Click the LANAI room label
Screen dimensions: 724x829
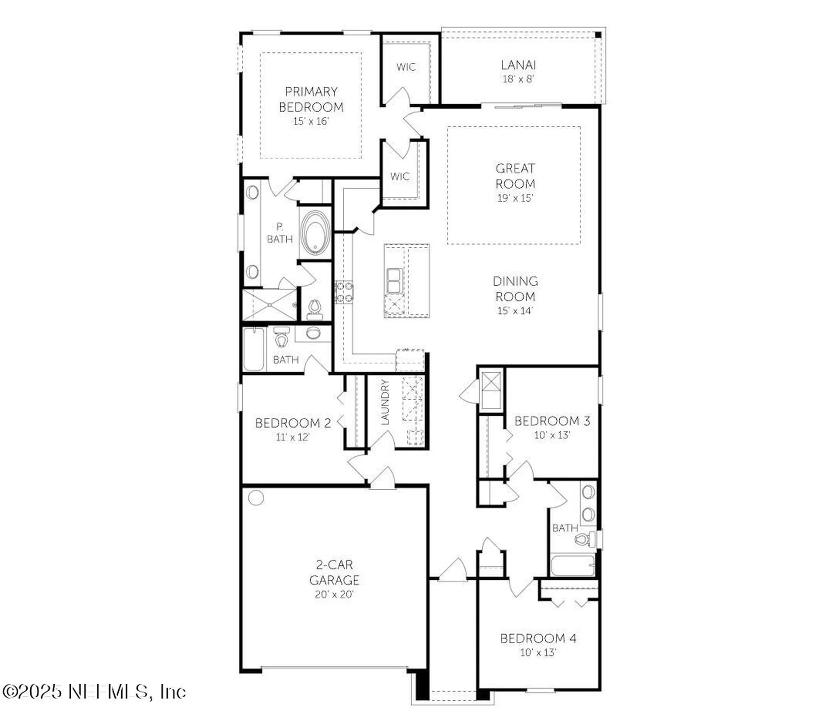[x=518, y=65]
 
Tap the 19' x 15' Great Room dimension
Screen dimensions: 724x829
[x=515, y=198]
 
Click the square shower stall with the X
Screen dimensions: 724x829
[x=269, y=305]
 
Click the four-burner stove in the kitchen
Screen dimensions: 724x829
[x=344, y=292]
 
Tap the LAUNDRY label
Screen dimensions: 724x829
[x=385, y=402]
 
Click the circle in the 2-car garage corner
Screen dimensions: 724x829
[x=256, y=497]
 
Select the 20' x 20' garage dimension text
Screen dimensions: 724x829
[x=334, y=595]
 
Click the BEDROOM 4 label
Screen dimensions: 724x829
[x=538, y=638]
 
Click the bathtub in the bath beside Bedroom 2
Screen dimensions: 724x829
[x=253, y=349]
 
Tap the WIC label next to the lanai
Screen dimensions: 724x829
[x=406, y=67]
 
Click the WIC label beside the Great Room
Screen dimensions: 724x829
[x=400, y=176]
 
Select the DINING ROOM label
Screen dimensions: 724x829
[x=515, y=289]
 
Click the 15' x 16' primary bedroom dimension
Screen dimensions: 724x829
[x=311, y=121]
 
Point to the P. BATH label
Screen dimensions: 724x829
[x=279, y=233]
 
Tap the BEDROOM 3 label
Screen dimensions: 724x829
[x=552, y=421]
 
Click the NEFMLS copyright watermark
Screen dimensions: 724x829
[x=94, y=692]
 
